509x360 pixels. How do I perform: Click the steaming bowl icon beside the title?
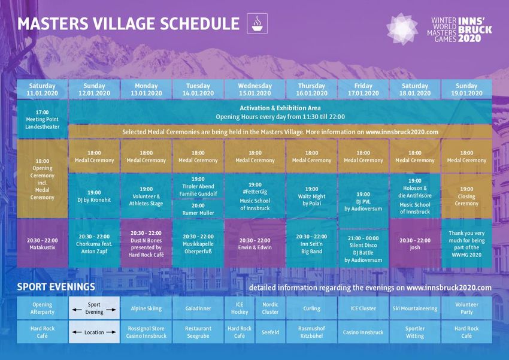(257, 23)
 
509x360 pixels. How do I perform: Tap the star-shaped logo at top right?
(402, 29)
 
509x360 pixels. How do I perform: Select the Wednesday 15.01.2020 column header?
(255, 89)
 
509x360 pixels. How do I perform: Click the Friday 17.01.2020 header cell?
(363, 89)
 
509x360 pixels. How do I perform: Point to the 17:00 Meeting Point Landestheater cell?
(42, 119)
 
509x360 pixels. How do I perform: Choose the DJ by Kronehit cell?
(94, 196)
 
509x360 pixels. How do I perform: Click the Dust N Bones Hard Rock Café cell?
(146, 243)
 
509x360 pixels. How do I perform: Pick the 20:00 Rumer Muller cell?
(198, 209)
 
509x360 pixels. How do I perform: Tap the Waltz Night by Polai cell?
(311, 196)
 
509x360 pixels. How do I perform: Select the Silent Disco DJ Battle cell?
(363, 249)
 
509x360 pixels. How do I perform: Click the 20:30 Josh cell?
(415, 243)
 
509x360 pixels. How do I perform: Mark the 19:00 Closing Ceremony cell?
(466, 196)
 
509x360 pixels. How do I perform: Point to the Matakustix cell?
(42, 243)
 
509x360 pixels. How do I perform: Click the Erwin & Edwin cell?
(255, 243)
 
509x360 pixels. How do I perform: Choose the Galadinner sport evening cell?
(198, 308)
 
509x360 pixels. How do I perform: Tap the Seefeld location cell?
(270, 332)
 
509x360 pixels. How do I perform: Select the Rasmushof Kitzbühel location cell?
(311, 332)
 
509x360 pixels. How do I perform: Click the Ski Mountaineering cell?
(415, 308)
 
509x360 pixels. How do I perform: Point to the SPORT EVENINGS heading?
(56, 287)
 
